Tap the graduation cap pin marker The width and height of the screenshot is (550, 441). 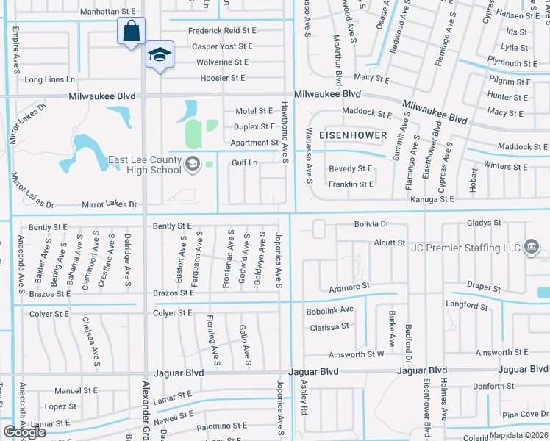[x=159, y=55]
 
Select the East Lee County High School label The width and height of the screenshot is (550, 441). [x=145, y=165]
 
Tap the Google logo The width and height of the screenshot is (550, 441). [x=24, y=432]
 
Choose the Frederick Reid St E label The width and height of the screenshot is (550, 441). [x=221, y=30]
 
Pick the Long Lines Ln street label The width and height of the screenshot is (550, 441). [x=50, y=79]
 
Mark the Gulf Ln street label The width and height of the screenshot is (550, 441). [x=244, y=162]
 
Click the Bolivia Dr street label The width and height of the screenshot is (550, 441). [x=371, y=223]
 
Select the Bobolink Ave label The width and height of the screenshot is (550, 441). [x=330, y=310]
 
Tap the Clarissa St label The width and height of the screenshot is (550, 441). [x=328, y=327]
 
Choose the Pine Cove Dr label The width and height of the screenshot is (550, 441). [x=523, y=415]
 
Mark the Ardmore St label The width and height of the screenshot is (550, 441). [x=349, y=287]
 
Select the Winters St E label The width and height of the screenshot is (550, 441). [x=507, y=167]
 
